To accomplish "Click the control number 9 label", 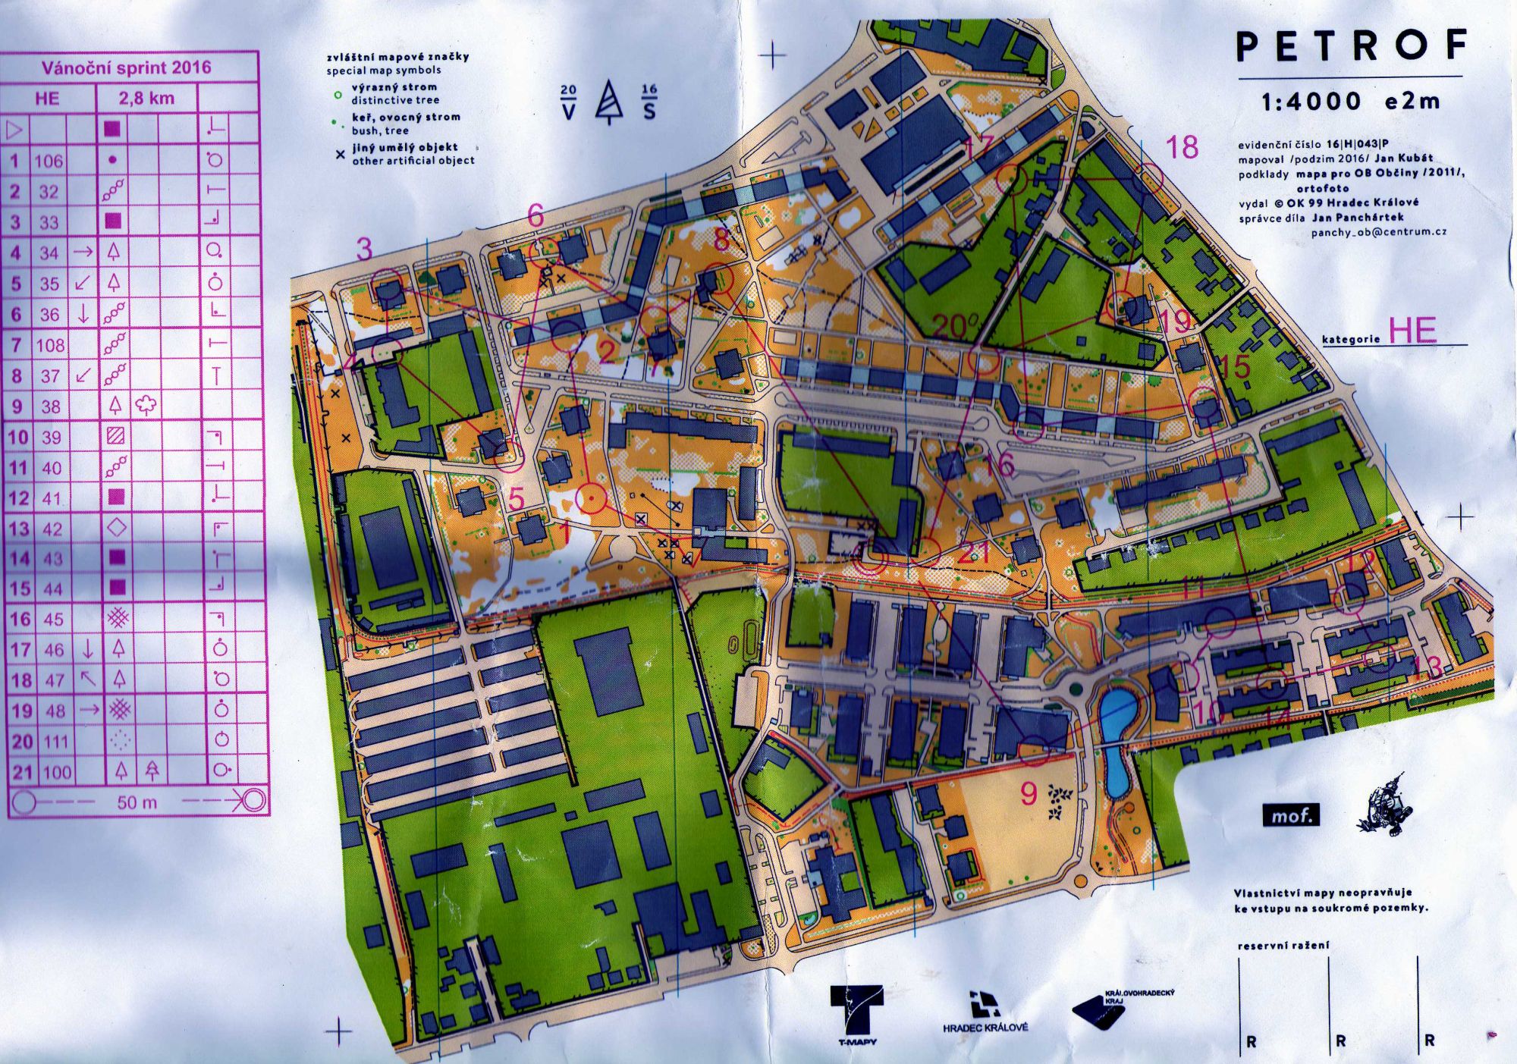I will tap(1028, 793).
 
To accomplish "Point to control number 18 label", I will tap(1182, 147).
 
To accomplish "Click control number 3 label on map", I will tap(365, 249).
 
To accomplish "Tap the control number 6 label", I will tap(536, 215).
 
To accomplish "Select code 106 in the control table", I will tap(49, 161).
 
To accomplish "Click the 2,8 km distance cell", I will tap(146, 98).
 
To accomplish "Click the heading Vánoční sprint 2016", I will tap(126, 67).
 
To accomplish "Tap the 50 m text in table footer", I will tap(137, 802).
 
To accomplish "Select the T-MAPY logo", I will tap(856, 1012).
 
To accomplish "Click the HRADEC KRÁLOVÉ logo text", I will tap(985, 1028).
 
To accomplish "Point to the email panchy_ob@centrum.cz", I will tap(1378, 232).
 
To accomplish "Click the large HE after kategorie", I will tap(1412, 331).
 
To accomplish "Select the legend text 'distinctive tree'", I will tap(394, 100).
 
